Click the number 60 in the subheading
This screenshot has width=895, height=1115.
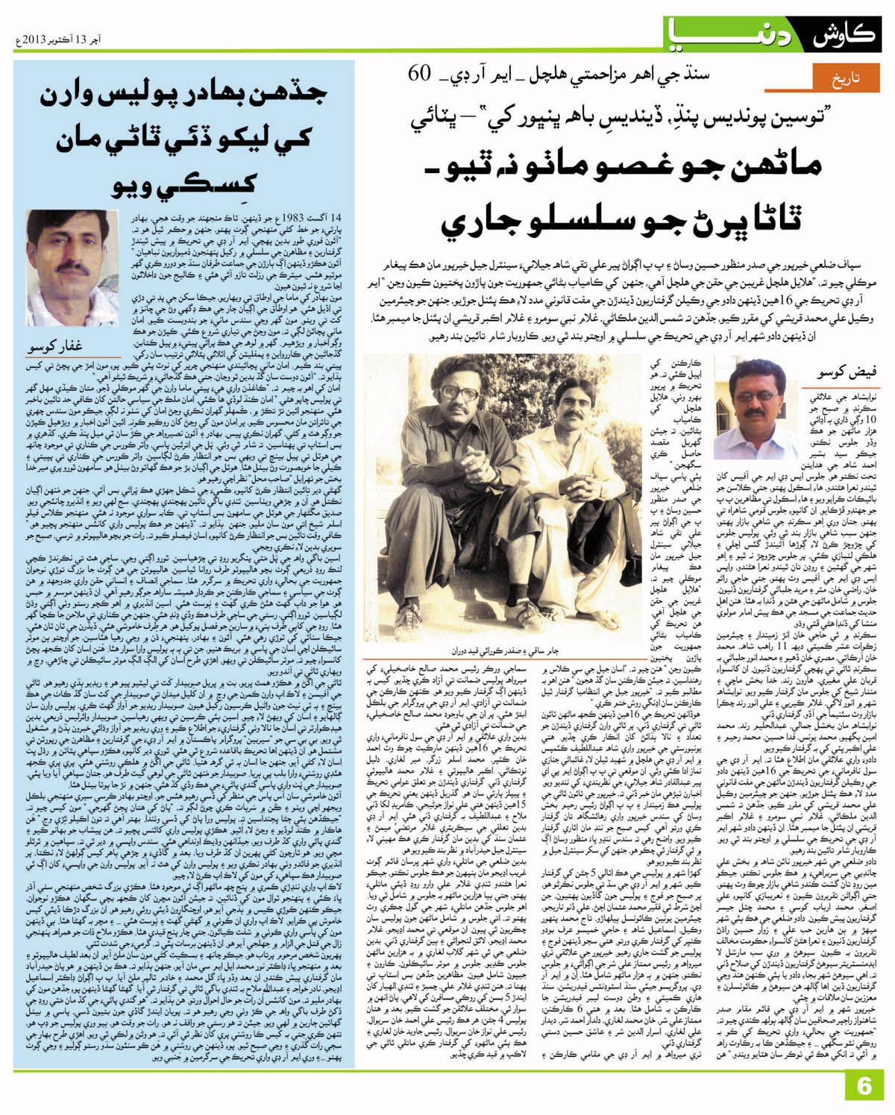pyautogui.click(x=420, y=74)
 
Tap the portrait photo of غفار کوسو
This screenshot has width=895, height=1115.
pyautogui.click(x=72, y=268)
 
